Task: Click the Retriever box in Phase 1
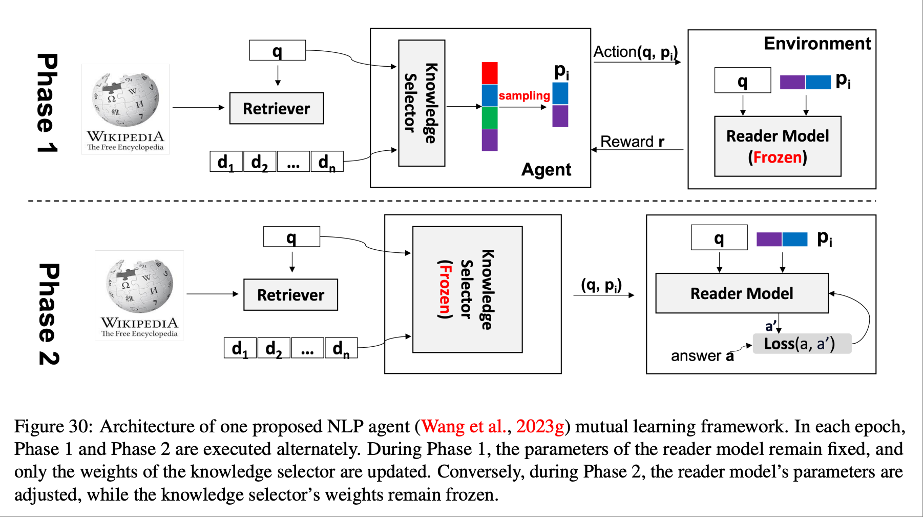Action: click(x=277, y=108)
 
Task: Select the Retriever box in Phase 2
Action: click(x=290, y=294)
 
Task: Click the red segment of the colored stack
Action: click(x=490, y=73)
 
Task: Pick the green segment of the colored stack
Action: click(x=490, y=117)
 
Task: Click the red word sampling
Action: click(x=524, y=96)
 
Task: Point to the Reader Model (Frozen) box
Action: click(x=778, y=146)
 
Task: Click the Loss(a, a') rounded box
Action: click(x=802, y=344)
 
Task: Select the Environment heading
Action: click(x=817, y=44)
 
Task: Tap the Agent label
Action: click(x=546, y=170)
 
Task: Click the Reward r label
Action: click(x=632, y=142)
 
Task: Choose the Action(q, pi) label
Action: click(x=636, y=52)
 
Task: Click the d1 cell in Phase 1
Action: click(x=226, y=162)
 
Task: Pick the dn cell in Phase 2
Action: click(x=341, y=348)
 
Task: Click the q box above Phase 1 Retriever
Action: click(x=277, y=50)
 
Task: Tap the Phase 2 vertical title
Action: click(x=49, y=314)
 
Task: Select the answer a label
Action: click(x=702, y=356)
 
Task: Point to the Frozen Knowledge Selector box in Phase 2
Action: click(x=467, y=290)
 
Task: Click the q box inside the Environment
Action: click(x=743, y=81)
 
